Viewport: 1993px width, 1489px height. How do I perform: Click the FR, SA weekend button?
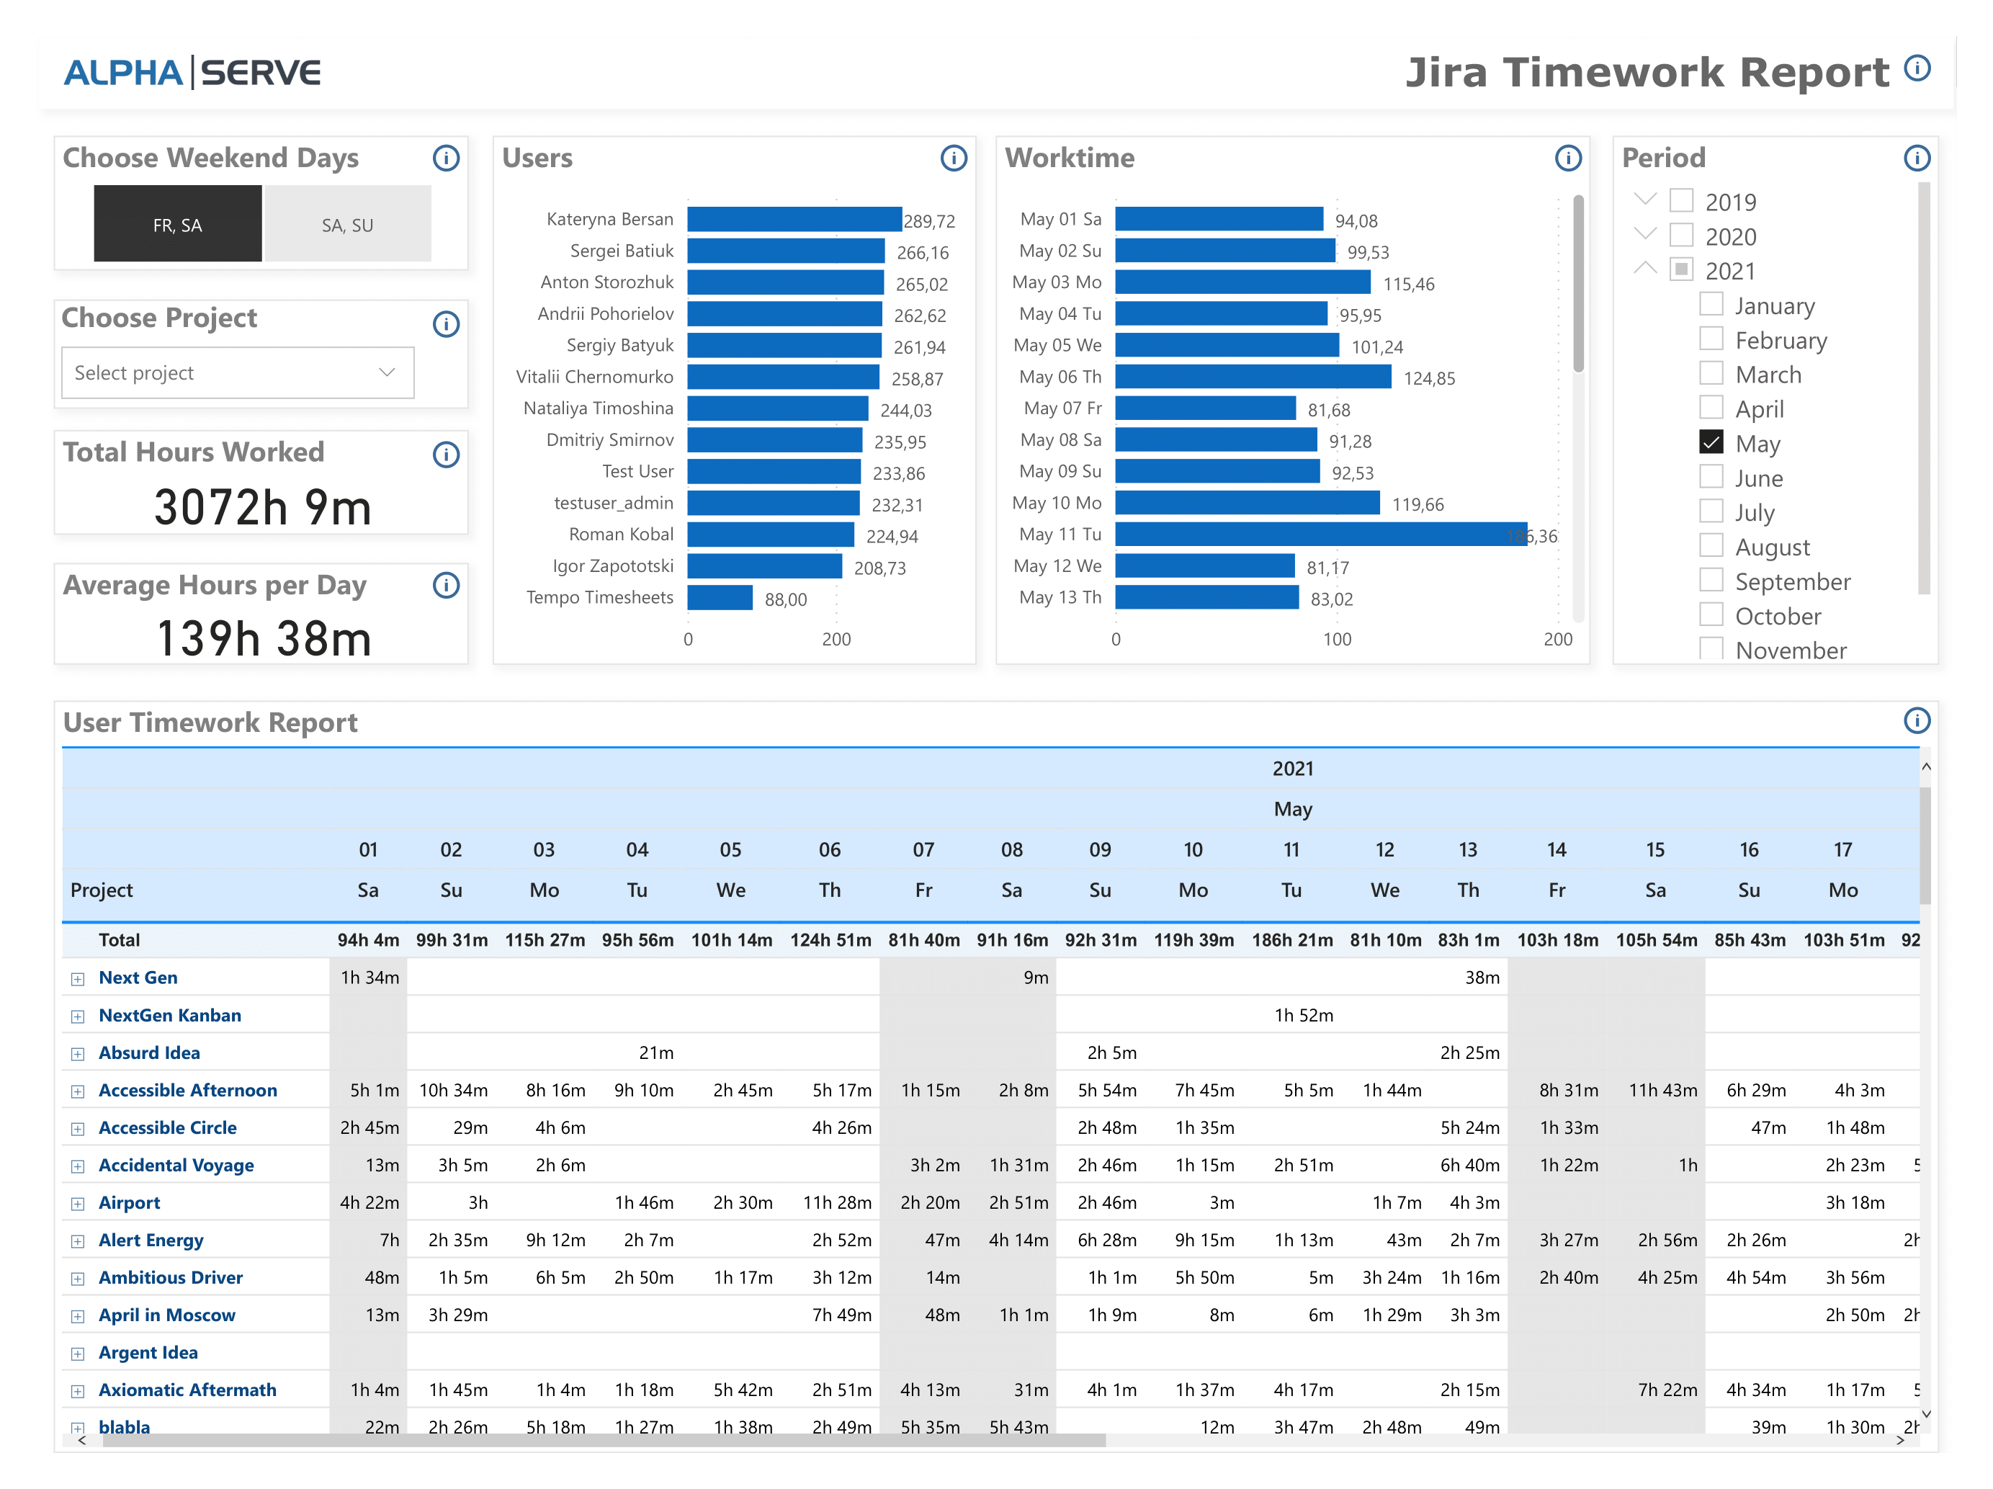(x=177, y=225)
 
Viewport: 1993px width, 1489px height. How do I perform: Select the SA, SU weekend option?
(x=347, y=225)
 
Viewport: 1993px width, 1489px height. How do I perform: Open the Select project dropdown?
(x=237, y=373)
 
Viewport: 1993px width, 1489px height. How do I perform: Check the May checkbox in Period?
(x=1711, y=442)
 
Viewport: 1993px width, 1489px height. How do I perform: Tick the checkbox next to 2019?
(x=1681, y=200)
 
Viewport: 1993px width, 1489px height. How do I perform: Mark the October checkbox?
(x=1711, y=614)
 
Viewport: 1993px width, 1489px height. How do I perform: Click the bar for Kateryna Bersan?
(x=794, y=219)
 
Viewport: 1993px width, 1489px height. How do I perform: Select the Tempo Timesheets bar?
(x=719, y=598)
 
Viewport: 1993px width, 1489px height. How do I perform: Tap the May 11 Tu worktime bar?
(x=1320, y=535)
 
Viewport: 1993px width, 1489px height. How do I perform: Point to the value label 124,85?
(x=1429, y=379)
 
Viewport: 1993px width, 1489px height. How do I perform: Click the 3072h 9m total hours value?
(x=262, y=506)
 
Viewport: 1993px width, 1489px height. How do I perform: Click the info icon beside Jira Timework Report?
(x=1917, y=68)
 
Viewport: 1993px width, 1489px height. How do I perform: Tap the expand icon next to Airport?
(x=79, y=1203)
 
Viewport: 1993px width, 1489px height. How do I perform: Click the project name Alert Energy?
(x=151, y=1240)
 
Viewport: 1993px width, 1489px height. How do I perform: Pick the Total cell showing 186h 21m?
(x=1291, y=940)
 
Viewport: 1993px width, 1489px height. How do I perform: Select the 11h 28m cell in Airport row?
(x=837, y=1202)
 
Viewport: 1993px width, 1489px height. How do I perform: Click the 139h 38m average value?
(x=263, y=638)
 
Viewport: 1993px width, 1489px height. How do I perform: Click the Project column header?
(x=101, y=890)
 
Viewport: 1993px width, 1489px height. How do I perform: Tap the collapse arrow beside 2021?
(x=1645, y=269)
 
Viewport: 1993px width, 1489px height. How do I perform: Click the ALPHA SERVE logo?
(x=192, y=72)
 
